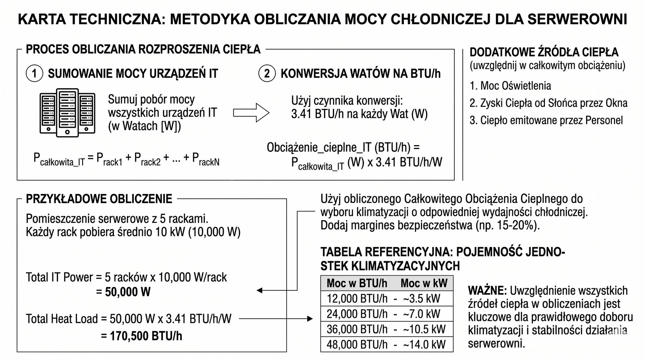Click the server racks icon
point(67,112)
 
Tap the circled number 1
point(34,73)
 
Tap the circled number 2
point(266,73)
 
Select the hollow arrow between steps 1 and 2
point(251,112)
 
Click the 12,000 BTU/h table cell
point(357,299)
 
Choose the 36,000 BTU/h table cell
point(357,329)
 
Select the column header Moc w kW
point(424,283)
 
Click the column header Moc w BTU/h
point(357,283)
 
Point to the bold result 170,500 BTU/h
point(146,336)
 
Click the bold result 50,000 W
point(127,292)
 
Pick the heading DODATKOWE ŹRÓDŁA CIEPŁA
point(544,52)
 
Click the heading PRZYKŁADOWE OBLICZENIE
point(99,199)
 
